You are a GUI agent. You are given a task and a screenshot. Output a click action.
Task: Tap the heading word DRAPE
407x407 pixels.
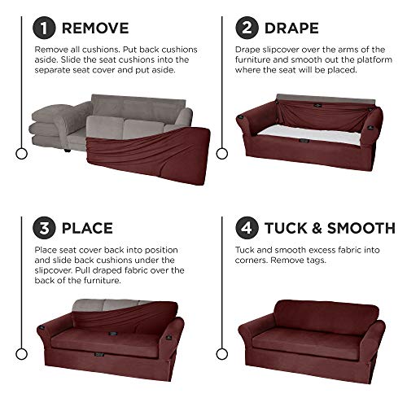click(x=291, y=28)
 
